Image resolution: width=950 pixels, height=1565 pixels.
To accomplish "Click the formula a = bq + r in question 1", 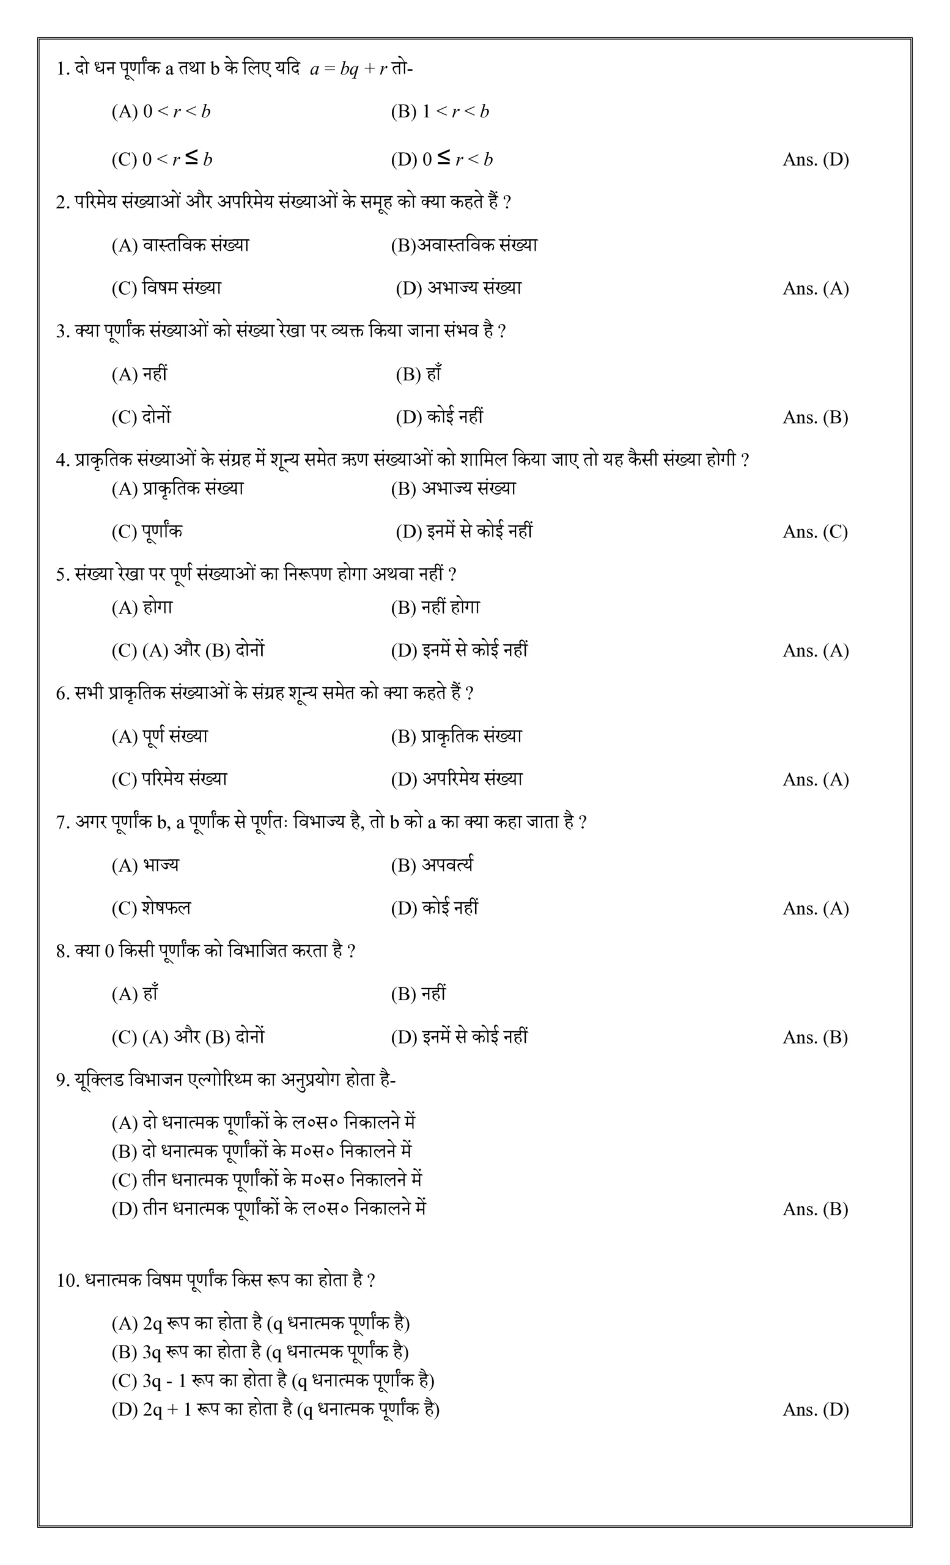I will click(x=348, y=69).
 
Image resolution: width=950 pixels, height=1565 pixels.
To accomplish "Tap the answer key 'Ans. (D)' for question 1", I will click(x=816, y=160).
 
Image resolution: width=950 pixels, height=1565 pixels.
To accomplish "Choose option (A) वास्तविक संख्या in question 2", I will click(x=180, y=245).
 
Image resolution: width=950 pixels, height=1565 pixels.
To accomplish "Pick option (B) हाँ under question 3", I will click(x=419, y=374).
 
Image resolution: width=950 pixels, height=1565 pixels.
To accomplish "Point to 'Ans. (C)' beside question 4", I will click(x=815, y=532).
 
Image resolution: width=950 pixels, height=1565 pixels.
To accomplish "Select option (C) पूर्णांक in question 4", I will click(x=147, y=531).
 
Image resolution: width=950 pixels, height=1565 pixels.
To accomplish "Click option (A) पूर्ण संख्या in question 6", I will click(x=160, y=736).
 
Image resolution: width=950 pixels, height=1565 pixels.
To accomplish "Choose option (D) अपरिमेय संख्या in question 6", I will click(x=457, y=779).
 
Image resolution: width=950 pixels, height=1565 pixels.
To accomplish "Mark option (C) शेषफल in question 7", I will click(x=151, y=908).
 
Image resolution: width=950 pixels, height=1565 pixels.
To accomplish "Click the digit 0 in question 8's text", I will click(x=109, y=951).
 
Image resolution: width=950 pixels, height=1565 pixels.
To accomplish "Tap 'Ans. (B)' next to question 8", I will click(x=815, y=1037).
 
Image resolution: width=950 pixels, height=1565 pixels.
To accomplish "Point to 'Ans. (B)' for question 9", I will click(x=815, y=1209).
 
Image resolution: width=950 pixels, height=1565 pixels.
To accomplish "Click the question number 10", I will click(x=67, y=1281).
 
